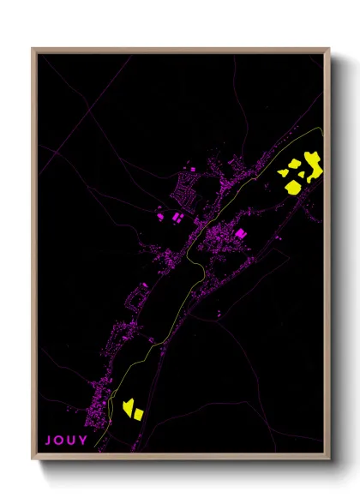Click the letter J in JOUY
(48, 441)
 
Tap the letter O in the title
(59, 441)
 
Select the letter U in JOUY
(71, 441)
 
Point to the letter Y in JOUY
(83, 441)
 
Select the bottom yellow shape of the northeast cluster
(292, 185)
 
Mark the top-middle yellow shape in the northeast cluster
(294, 163)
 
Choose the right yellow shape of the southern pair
(137, 413)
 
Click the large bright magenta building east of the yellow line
(240, 231)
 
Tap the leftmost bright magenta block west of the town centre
(159, 216)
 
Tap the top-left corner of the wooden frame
(33, 49)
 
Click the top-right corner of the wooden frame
(330, 49)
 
